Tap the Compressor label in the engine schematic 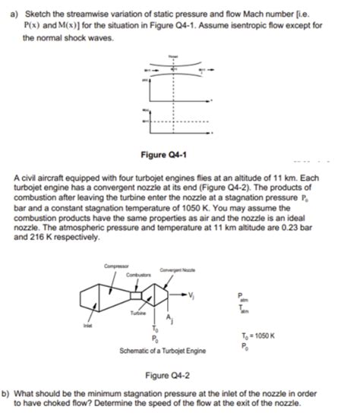pyautogui.click(x=114, y=265)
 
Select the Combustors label pyautogui.click(x=134, y=273)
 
